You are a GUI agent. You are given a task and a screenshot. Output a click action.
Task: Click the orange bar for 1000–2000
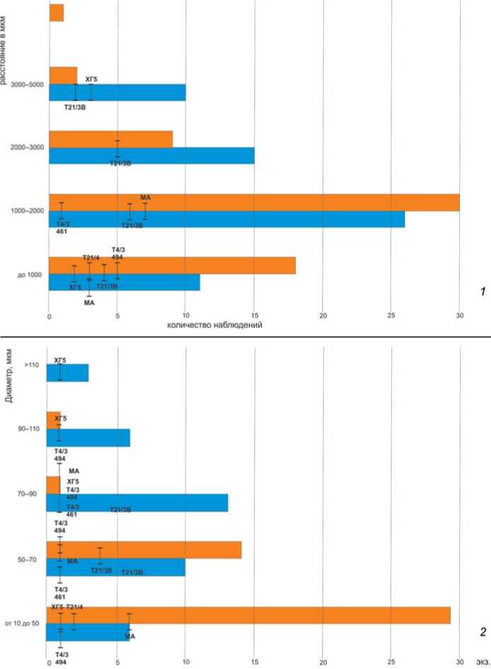pos(255,202)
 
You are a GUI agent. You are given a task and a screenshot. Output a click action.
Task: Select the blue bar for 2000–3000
pos(151,156)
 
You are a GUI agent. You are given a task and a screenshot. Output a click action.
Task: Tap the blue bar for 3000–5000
pos(117,93)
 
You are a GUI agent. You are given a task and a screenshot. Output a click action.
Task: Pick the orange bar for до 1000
pos(172,265)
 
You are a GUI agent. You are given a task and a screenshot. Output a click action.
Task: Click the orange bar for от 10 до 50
pos(248,615)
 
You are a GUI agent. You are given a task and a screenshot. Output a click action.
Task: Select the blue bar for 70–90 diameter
pos(137,503)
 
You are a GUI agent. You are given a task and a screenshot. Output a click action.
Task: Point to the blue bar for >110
pos(68,373)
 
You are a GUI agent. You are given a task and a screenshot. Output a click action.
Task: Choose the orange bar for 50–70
pos(144,550)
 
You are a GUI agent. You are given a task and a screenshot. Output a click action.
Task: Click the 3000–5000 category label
pos(28,85)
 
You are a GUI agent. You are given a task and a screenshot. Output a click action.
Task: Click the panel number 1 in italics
pos(482,291)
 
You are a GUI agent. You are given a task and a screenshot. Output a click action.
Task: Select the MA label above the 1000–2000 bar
pos(146,197)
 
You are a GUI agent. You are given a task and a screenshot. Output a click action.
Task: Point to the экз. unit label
pos(483,663)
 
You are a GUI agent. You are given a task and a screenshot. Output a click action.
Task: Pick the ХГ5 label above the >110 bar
pos(59,360)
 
